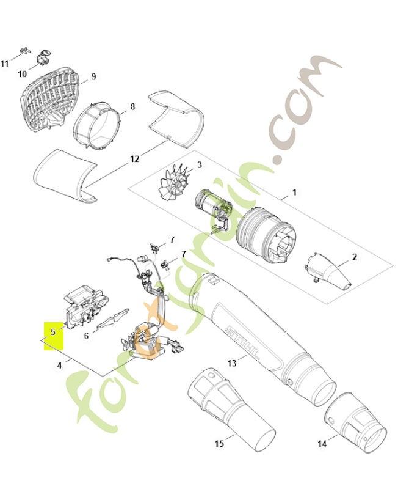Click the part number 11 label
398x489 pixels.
(5, 64)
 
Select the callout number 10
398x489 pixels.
(23, 74)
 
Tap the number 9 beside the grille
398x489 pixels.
(93, 76)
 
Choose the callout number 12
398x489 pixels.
(134, 159)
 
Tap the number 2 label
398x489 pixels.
(354, 257)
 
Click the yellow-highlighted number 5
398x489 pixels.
(54, 331)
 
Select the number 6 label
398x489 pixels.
(87, 335)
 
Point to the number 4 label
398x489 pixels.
(59, 365)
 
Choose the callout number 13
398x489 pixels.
(231, 363)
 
